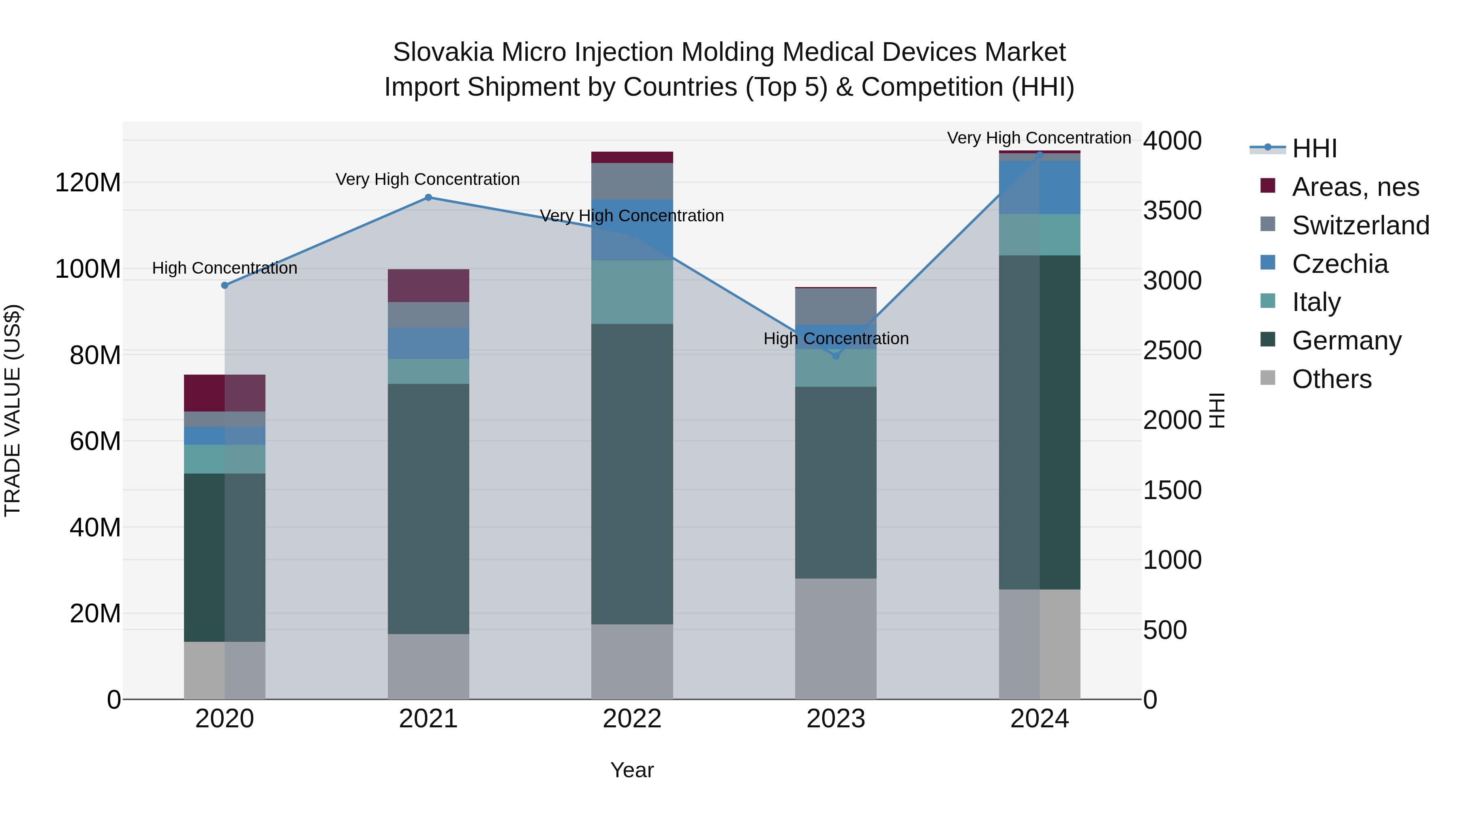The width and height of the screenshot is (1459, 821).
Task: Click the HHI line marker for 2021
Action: (428, 197)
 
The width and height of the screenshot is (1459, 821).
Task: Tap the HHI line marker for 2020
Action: (224, 285)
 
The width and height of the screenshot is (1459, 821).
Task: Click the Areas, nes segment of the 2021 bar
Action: (428, 285)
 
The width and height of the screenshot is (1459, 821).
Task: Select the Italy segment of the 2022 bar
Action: (632, 292)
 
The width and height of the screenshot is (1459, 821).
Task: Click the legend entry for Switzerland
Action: (1361, 225)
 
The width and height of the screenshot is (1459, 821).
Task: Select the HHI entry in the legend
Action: (1314, 148)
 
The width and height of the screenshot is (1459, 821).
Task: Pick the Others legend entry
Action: (1332, 379)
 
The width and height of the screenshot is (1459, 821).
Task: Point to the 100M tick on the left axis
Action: (88, 268)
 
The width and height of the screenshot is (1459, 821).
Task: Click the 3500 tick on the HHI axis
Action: (1172, 210)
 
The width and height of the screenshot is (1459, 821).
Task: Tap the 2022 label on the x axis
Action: (632, 718)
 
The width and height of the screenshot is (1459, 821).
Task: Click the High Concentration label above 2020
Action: (224, 268)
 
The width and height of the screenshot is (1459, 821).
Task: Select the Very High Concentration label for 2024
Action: (1039, 138)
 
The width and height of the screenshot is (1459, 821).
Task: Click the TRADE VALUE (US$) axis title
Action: (13, 410)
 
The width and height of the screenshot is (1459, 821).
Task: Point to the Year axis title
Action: (632, 770)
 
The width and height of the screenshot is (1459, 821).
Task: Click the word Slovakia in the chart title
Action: (443, 52)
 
